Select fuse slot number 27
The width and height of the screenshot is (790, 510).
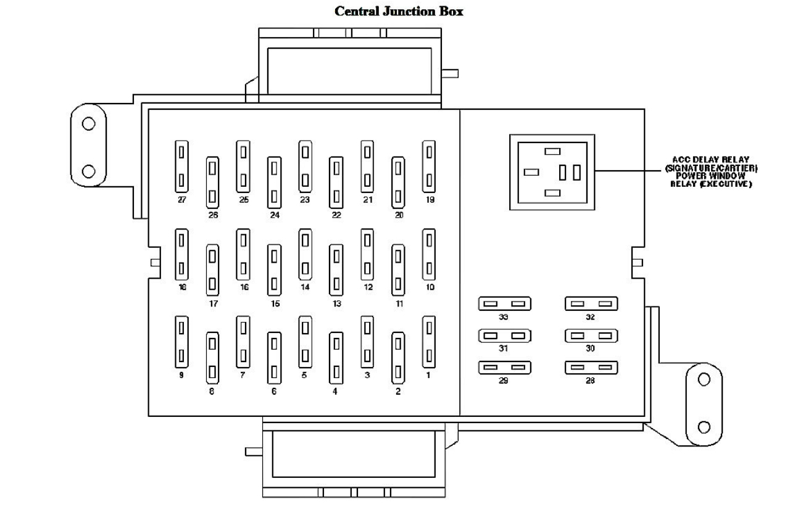tap(181, 166)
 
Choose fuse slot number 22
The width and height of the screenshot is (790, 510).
tap(336, 182)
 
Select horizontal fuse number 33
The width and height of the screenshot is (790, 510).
tap(504, 303)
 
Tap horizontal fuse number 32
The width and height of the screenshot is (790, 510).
tap(591, 303)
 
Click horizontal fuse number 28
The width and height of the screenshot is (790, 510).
tap(591, 368)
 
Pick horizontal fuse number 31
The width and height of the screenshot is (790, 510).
tap(504, 336)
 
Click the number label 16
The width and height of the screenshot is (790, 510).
tap(244, 287)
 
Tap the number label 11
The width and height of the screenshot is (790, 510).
tap(399, 304)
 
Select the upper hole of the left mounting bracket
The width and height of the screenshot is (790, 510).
tap(89, 123)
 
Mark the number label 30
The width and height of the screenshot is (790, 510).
tap(590, 348)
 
